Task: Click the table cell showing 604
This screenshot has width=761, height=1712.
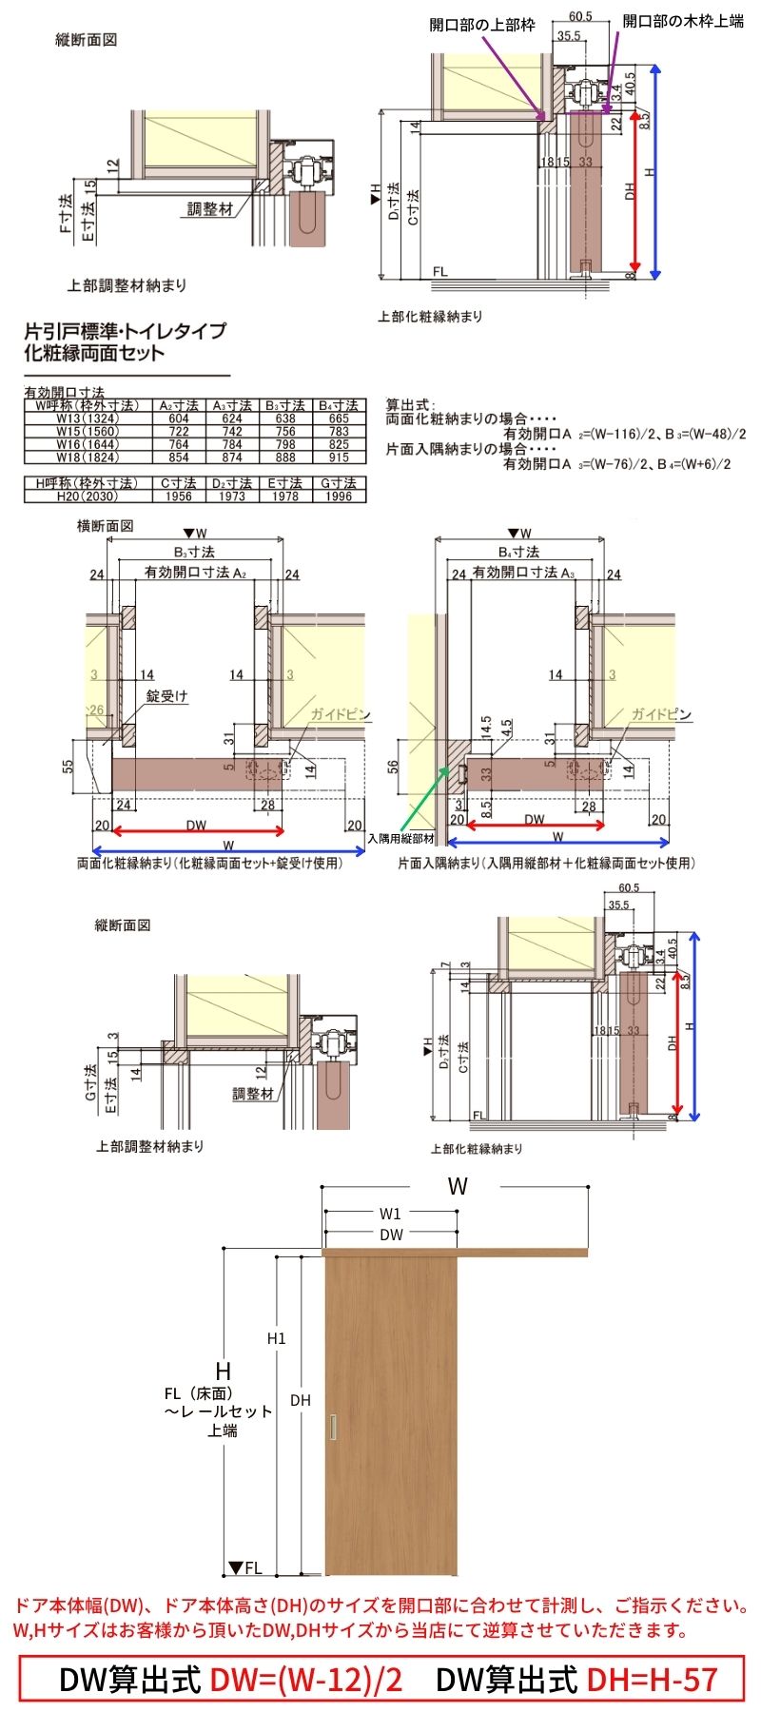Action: (179, 418)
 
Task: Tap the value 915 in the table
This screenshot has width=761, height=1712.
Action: (339, 457)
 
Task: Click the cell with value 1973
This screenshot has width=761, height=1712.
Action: (231, 496)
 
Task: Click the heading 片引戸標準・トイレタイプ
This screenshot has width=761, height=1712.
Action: (125, 331)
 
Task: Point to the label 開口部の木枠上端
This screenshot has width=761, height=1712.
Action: (683, 20)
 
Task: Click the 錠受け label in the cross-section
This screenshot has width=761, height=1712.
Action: (166, 697)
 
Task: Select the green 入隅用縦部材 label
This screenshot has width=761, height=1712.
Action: (400, 839)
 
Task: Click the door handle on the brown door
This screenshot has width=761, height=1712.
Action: (332, 1428)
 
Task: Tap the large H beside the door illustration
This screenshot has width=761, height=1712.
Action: (224, 1371)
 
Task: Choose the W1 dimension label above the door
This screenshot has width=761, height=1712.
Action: (390, 1214)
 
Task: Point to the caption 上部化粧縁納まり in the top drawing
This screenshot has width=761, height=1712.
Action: (430, 317)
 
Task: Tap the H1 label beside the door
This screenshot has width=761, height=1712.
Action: (276, 1339)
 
